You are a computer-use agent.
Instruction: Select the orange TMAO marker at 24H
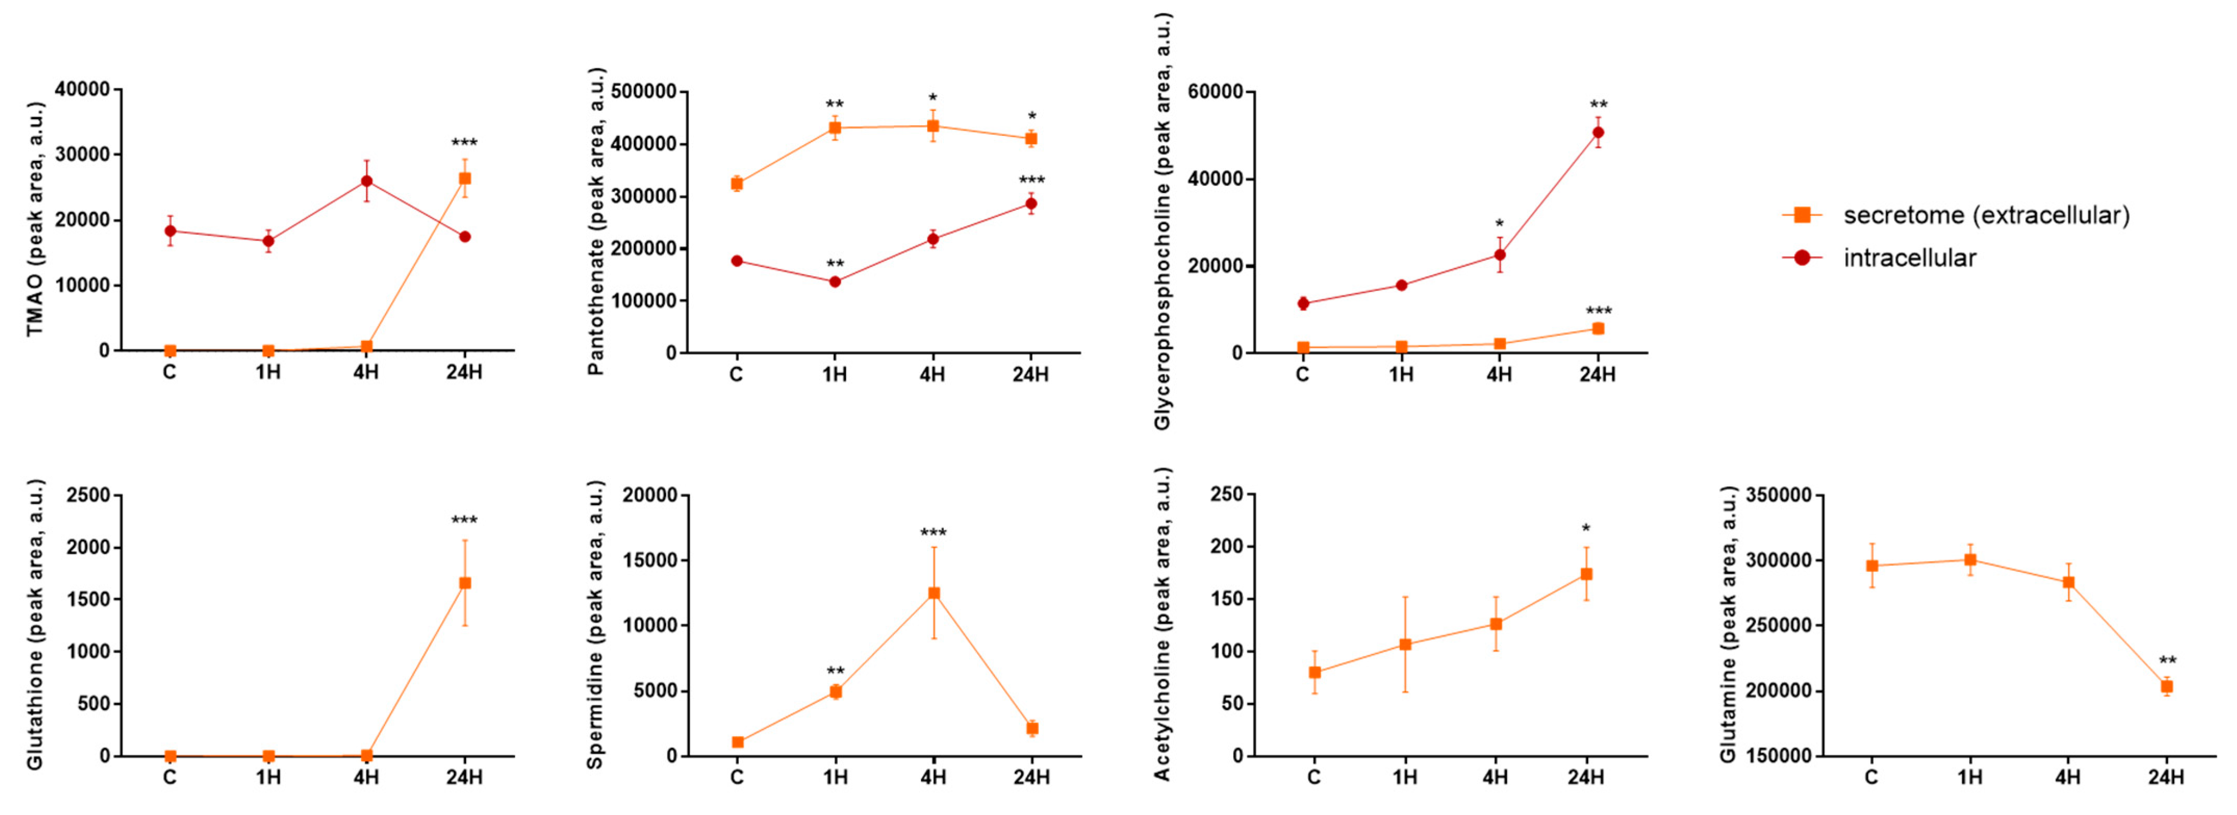coord(465,179)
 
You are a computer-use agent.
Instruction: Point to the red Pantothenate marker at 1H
coord(835,281)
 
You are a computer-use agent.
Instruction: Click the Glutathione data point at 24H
coord(465,583)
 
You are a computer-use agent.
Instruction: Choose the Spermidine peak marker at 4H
coord(934,593)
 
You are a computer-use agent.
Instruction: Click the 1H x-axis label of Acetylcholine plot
coord(1404,777)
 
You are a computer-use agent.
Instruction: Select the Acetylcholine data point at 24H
coord(1586,574)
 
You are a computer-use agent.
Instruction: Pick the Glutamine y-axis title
coord(1728,625)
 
